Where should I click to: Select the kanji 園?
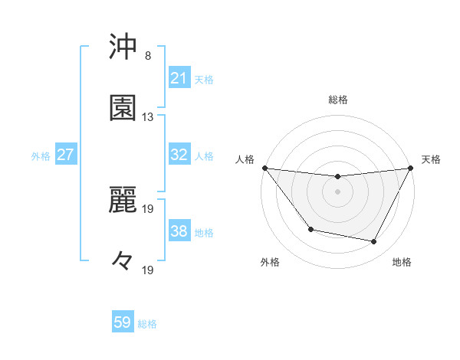[123, 109]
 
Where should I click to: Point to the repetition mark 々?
[123, 260]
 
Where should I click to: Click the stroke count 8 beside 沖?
[148, 56]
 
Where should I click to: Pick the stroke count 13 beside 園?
[148, 116]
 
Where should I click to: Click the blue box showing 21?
[179, 78]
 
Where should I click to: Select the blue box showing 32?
[179, 155]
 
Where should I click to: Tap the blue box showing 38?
[179, 231]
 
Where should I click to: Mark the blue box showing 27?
[65, 155]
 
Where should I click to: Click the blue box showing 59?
[123, 322]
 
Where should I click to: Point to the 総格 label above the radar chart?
[338, 100]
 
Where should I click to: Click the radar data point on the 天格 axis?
[411, 169]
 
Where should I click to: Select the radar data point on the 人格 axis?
[265, 168]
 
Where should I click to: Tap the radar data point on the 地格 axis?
[374, 242]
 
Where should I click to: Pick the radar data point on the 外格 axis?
[310, 229]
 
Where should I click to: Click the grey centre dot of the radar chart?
[338, 191]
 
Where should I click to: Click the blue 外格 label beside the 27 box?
[41, 155]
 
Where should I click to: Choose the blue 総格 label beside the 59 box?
[147, 323]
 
